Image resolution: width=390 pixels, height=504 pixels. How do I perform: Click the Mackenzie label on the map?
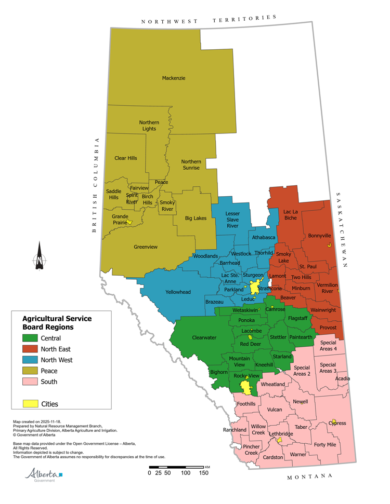coord(174,78)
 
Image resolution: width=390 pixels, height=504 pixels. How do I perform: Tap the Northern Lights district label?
coord(149,126)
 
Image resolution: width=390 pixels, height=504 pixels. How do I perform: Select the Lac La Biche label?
coord(291,215)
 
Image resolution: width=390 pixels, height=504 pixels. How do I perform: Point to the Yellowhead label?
coord(178,292)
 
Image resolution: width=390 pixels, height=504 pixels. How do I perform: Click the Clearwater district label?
coord(204,337)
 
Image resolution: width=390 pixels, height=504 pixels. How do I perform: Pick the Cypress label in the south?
coord(337,424)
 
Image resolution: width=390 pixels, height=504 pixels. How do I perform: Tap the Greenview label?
coord(146,247)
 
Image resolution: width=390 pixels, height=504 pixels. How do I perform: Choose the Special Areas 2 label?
coord(302,371)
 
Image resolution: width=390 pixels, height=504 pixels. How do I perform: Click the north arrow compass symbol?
coord(39,256)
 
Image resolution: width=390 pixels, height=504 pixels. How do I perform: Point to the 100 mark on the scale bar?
coord(186,473)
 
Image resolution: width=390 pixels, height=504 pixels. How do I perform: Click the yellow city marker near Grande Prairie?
coord(130,222)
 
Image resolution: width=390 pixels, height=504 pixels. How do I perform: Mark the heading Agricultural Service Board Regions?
coord(57,322)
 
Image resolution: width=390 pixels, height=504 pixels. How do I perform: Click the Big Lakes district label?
coord(196,219)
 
